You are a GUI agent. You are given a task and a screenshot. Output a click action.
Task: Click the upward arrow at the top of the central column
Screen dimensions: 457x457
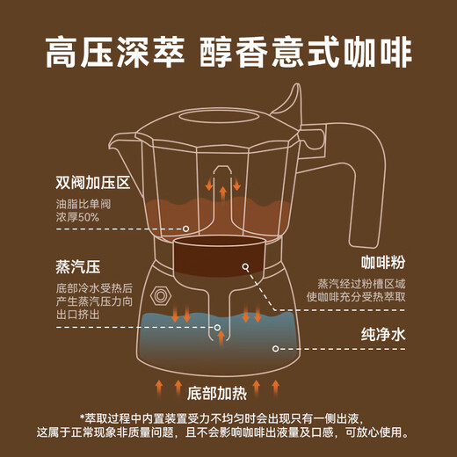tap(223, 190)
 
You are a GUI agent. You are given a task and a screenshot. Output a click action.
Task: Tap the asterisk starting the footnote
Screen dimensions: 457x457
tap(81, 417)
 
